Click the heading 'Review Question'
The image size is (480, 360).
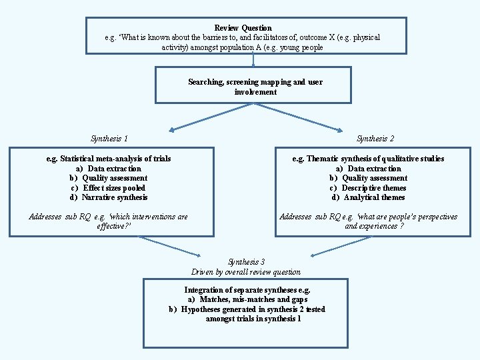coord(243,28)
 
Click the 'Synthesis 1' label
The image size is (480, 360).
coord(109,139)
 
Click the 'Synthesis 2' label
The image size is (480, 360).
coord(375,139)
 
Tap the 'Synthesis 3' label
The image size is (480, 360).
coord(246,262)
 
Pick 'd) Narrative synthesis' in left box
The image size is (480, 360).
coord(109,197)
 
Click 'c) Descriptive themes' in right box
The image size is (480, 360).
coord(368,188)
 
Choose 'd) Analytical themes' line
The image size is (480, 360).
coord(368,197)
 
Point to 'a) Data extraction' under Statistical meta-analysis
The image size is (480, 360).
coord(108,169)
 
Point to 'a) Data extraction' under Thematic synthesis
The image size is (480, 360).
coord(368,169)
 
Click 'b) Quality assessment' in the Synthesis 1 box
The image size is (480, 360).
coord(108,178)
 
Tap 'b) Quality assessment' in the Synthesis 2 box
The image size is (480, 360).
coord(368,178)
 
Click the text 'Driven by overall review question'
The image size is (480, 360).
coord(246,272)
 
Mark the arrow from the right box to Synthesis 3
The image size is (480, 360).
coord(340,246)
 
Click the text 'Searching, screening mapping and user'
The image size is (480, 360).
coord(255,82)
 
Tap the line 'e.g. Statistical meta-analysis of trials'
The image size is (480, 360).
coord(109,159)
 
